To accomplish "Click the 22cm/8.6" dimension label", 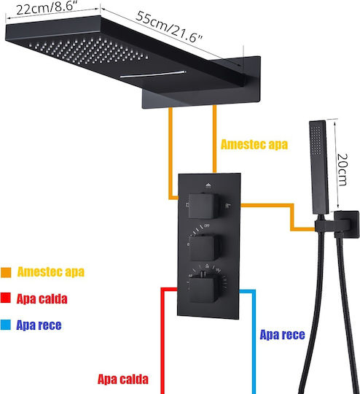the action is [x=47, y=8].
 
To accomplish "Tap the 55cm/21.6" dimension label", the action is [x=169, y=27].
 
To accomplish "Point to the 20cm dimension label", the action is [x=343, y=169].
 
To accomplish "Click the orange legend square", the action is [x=6, y=272].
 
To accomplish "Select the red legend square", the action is [x=5, y=298].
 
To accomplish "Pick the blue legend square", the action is [x=5, y=325].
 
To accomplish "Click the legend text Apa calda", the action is [x=42, y=298].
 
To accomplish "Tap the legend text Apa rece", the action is [x=39, y=325].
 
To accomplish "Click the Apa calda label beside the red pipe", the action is [x=122, y=379].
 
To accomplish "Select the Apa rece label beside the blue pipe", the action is [x=283, y=335].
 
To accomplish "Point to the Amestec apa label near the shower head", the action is [x=254, y=144].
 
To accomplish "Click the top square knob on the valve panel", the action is [x=202, y=206].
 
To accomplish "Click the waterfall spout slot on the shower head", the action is [x=153, y=74].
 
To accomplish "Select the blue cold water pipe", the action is [x=253, y=341].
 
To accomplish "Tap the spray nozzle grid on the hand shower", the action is [x=316, y=140].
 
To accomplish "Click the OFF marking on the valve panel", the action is [x=207, y=225].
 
